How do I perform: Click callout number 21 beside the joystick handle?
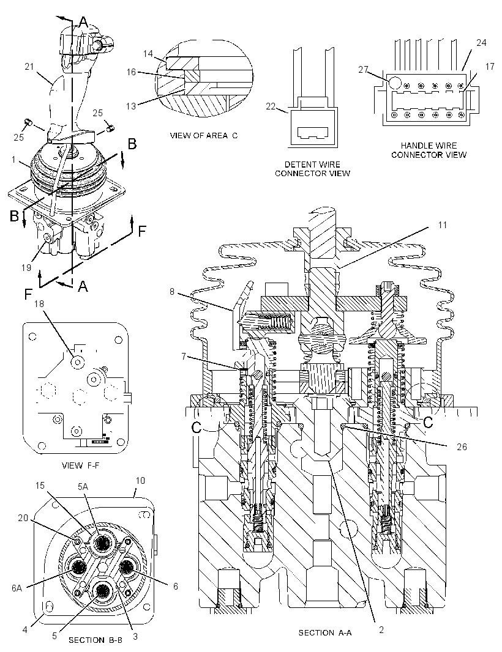29,67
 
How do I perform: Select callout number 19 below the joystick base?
26,267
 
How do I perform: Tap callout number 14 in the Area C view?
148,54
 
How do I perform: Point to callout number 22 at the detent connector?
271,106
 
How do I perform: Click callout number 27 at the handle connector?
364,70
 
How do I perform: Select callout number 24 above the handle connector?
481,42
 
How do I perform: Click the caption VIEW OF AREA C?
204,136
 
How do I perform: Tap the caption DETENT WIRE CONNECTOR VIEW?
312,169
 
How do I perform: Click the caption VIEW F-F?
81,465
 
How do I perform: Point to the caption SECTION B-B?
96,640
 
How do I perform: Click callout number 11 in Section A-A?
442,225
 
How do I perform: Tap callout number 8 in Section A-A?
172,292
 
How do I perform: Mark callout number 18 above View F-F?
39,304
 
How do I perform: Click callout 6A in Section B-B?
17,588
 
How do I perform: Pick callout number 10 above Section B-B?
140,481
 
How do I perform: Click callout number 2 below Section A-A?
381,629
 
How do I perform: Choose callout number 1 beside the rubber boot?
13,159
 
